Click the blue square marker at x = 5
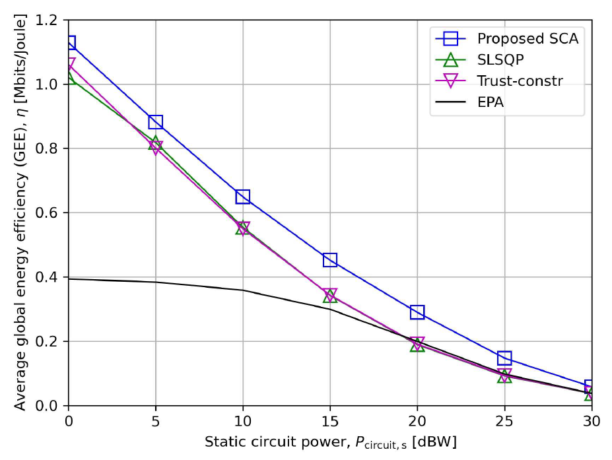coord(155,121)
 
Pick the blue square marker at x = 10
coord(242,197)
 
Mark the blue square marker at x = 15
coord(330,260)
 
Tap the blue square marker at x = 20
coord(417,312)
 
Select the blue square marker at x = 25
coord(504,358)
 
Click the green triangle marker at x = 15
coord(330,296)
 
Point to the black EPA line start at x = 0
coord(69,279)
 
